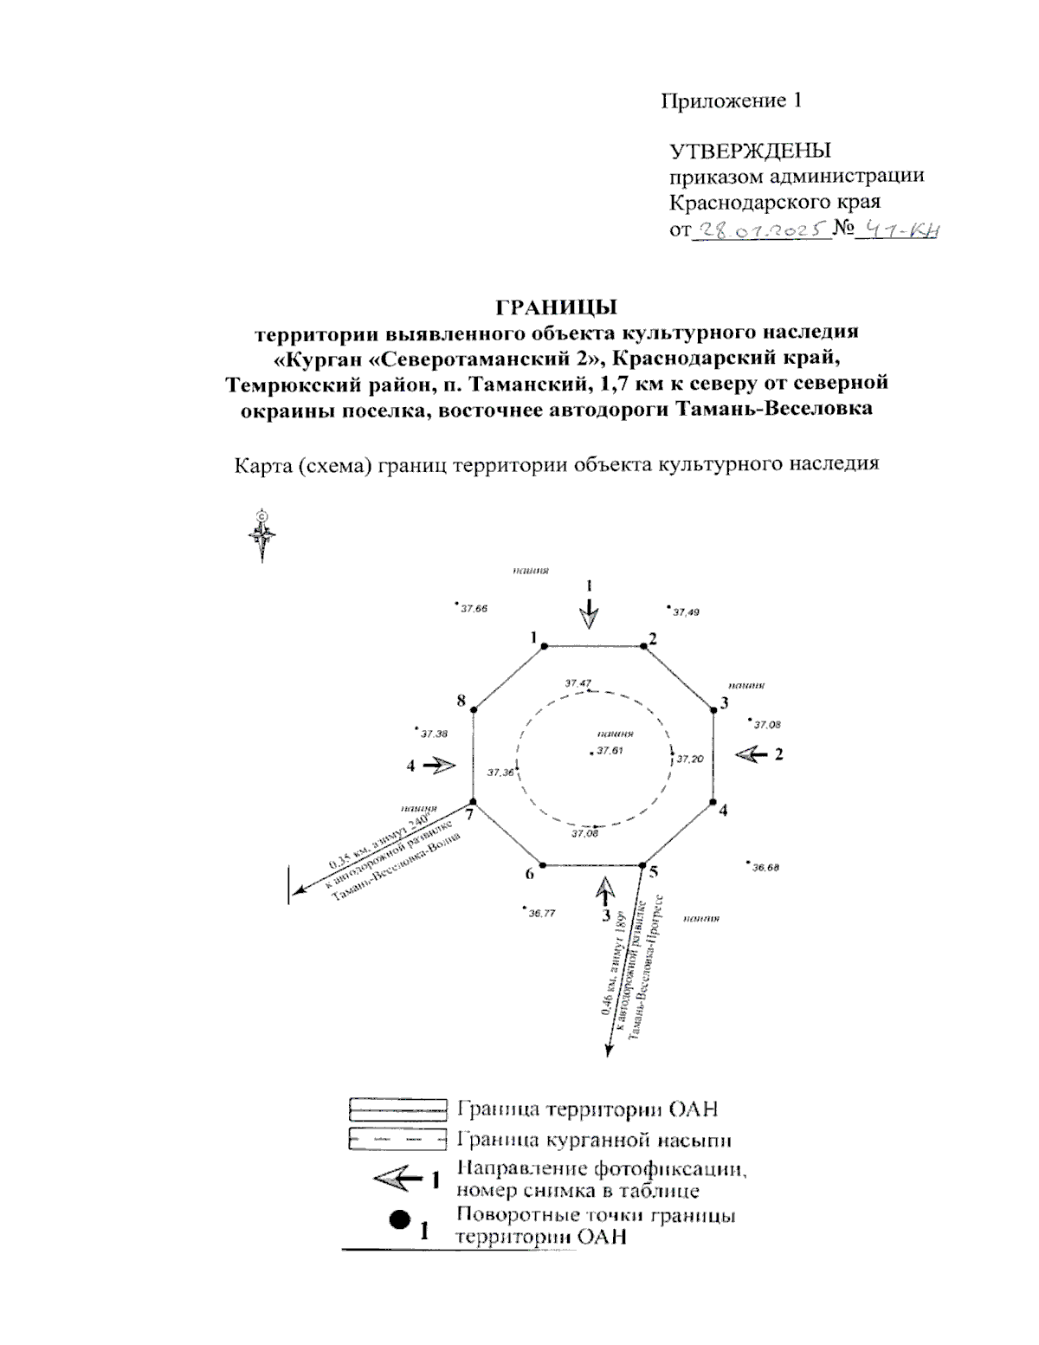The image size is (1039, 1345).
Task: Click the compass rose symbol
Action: (262, 533)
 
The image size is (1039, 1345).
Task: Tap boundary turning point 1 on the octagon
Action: (544, 645)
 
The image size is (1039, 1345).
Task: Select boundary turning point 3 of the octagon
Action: (713, 710)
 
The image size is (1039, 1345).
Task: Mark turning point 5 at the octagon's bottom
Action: (642, 864)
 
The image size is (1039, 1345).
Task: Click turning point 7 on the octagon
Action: (473, 802)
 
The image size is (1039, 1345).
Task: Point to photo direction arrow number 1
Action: (589, 614)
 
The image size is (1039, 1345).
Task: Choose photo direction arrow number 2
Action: (751, 754)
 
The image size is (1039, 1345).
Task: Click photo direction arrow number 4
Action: (442, 765)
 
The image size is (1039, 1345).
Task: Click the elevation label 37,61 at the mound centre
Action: (610, 751)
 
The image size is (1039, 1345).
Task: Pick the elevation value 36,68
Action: (765, 867)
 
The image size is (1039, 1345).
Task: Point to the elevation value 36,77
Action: (542, 913)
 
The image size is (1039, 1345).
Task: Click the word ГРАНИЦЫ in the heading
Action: (555, 307)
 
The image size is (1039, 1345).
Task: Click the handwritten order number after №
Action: (899, 230)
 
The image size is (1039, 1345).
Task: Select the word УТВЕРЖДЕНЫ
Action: (750, 151)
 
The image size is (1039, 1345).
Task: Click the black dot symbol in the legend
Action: (399, 1219)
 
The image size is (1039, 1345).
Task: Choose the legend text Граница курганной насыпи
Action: (599, 1140)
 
